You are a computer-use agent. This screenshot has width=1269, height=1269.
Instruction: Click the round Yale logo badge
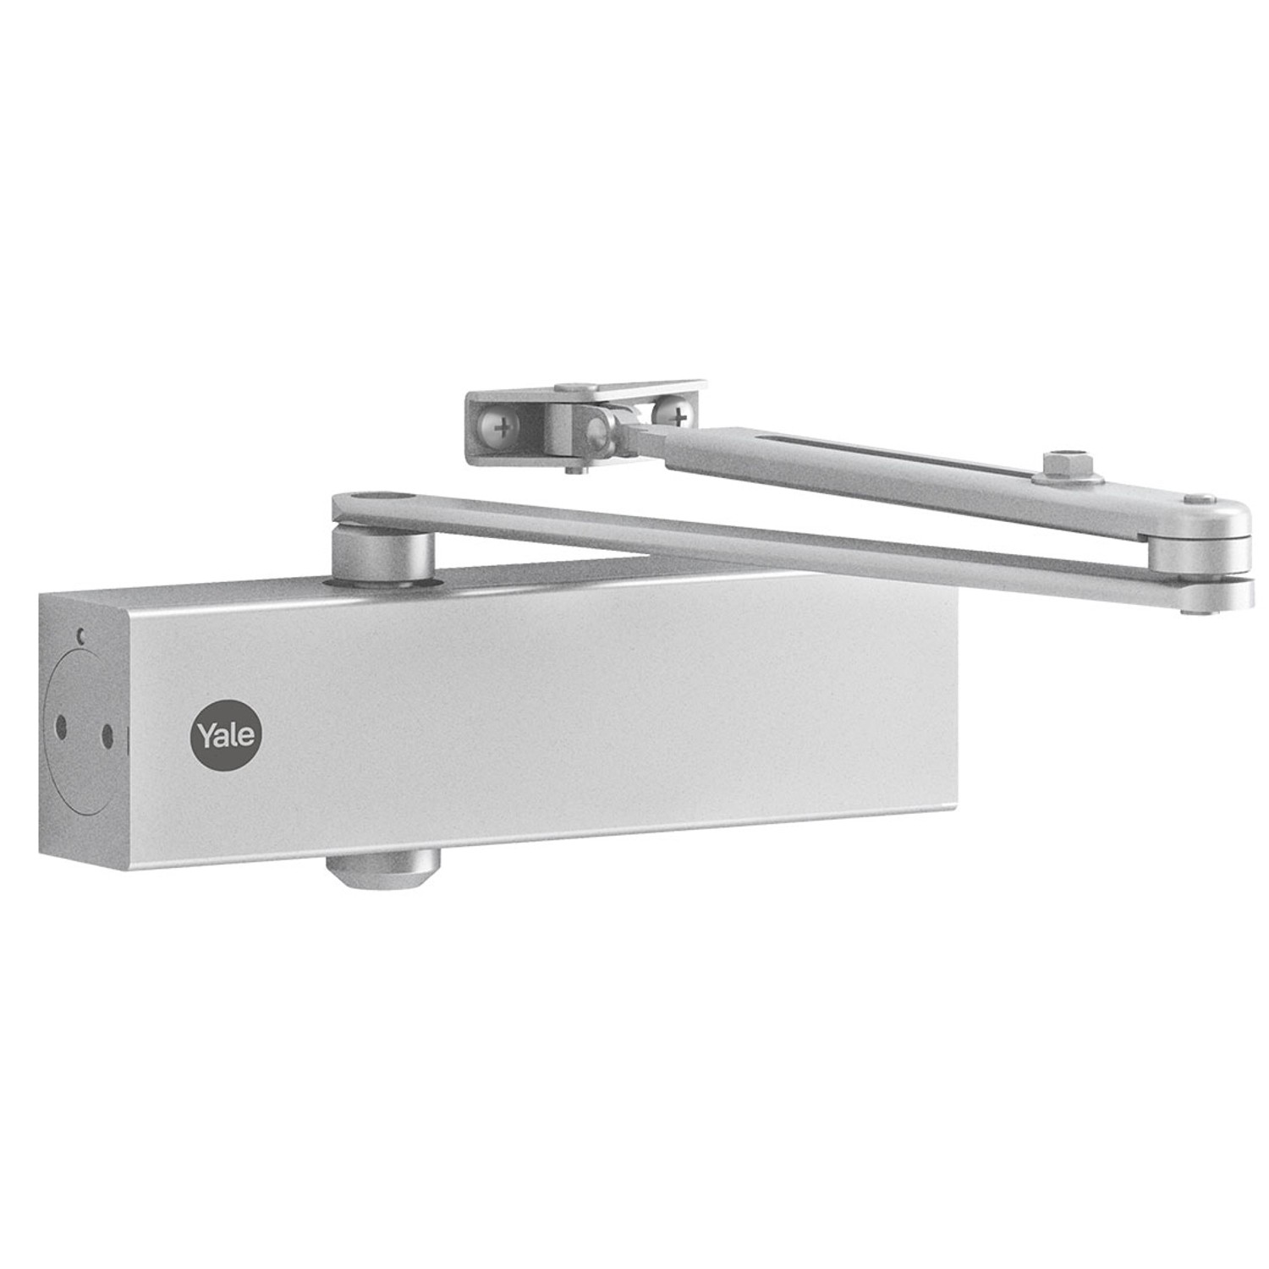tap(227, 733)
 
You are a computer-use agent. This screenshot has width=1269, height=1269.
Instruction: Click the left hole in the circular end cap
tap(62, 726)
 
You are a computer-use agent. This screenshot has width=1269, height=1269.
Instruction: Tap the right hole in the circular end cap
tap(107, 734)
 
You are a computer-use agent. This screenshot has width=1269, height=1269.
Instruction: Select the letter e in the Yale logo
tap(244, 735)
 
